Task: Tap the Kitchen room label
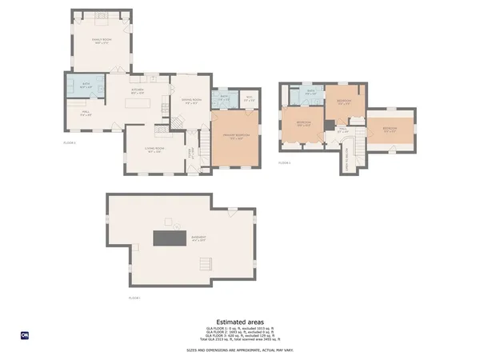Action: coord(137,90)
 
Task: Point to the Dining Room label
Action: coord(190,102)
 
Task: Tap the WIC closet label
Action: coord(249,100)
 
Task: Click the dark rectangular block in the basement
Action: coord(170,238)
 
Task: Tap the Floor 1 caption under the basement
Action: coord(134,298)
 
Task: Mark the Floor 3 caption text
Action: coord(284,162)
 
